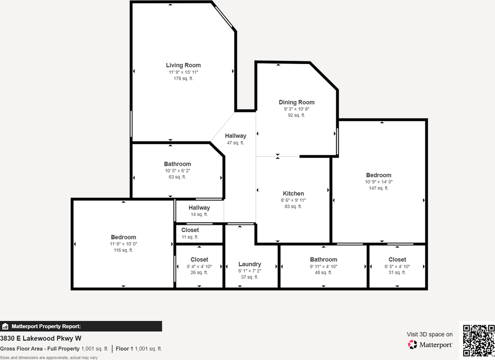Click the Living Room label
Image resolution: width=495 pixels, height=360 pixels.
(x=183, y=65)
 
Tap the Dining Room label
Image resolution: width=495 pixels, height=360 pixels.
(x=297, y=102)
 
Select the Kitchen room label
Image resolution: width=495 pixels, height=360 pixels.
(x=294, y=194)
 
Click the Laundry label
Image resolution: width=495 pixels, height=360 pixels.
(x=249, y=264)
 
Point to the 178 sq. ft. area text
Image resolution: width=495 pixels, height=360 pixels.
(x=183, y=78)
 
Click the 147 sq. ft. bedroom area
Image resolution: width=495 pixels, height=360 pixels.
(x=379, y=188)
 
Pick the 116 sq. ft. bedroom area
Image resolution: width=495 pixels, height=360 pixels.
(x=123, y=250)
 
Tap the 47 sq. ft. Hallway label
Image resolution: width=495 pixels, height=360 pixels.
(x=236, y=136)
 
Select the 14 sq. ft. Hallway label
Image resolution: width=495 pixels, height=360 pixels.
(x=199, y=208)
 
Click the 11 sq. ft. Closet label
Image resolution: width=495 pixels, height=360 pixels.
(x=190, y=230)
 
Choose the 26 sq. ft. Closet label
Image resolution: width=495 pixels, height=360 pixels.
(x=199, y=259)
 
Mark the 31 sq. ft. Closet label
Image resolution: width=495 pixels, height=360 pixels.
(x=397, y=259)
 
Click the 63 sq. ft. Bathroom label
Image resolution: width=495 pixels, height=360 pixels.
(x=178, y=164)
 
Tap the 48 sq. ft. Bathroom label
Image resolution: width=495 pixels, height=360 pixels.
(x=323, y=259)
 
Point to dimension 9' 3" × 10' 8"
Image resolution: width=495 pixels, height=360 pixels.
(x=297, y=109)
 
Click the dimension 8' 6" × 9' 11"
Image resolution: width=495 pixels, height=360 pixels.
(x=294, y=200)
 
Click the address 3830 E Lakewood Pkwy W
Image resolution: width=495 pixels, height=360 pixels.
(x=41, y=338)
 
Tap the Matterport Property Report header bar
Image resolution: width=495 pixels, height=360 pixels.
(x=81, y=326)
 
